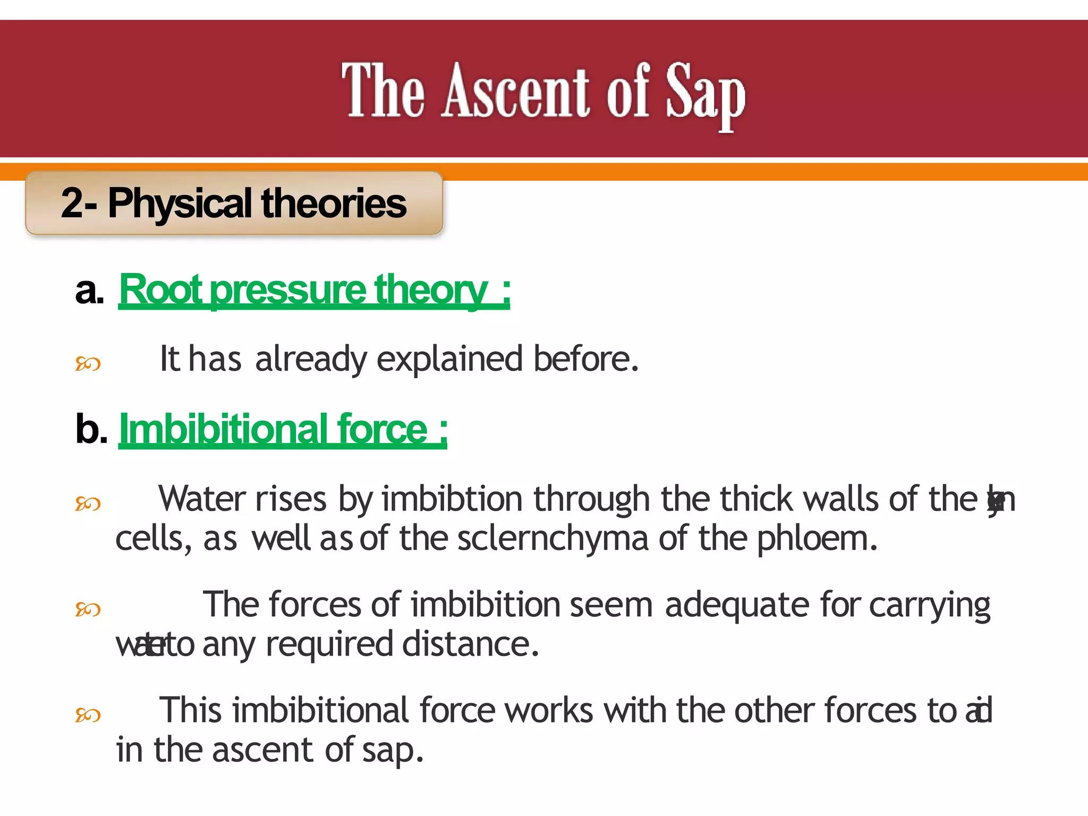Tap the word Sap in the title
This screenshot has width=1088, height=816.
[x=705, y=93]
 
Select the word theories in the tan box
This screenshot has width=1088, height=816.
[x=334, y=203]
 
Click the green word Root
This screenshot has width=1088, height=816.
[x=160, y=290]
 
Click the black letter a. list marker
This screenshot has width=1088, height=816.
[x=89, y=291]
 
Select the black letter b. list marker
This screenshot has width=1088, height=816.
[x=91, y=429]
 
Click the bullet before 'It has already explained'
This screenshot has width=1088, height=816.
[x=88, y=364]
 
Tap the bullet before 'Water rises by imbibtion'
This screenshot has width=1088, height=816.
[x=88, y=503]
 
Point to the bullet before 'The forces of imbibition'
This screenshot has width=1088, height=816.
[x=88, y=609]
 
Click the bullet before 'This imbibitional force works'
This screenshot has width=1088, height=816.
[x=88, y=715]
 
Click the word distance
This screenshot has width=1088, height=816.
[x=470, y=644]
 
